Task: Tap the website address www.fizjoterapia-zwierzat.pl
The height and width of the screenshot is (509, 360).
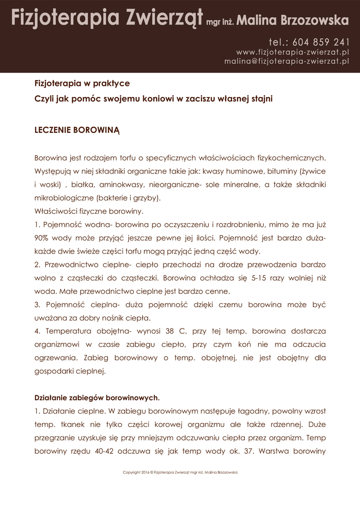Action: (292, 52)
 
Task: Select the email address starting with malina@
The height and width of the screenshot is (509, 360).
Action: (286, 61)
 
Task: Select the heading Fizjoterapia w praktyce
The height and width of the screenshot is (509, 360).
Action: (82, 83)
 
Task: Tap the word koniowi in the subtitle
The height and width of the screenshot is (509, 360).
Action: (157, 98)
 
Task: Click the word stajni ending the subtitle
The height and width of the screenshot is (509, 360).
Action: (261, 98)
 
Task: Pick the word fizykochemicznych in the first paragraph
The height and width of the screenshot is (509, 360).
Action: (291, 158)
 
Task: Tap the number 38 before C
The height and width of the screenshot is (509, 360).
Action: (169, 331)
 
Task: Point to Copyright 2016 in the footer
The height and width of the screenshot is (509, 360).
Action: (136, 472)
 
